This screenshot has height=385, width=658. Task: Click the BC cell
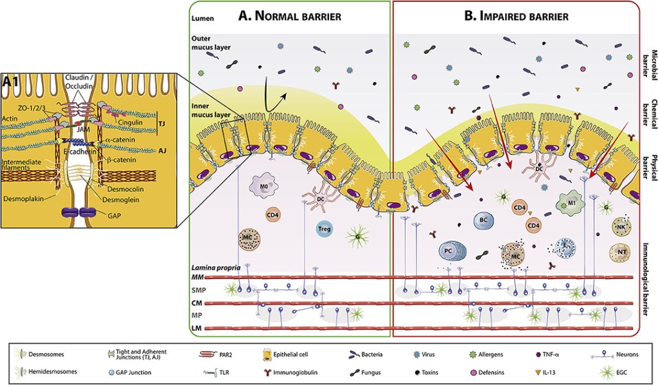click(484, 220)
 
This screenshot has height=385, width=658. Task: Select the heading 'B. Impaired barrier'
click(516, 16)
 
